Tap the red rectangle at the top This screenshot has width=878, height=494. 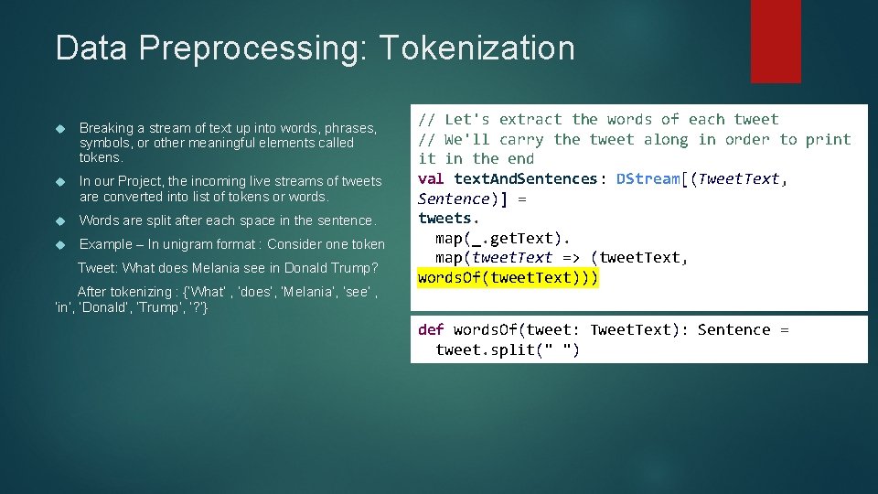point(775,41)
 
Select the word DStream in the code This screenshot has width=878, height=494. point(648,178)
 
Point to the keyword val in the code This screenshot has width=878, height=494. point(432,178)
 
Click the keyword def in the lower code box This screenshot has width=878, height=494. point(432,329)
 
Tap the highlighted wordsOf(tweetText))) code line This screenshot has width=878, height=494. point(508,277)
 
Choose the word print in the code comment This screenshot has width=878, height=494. point(829,139)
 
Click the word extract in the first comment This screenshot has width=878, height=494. point(530,119)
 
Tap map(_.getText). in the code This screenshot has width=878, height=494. point(503,238)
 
